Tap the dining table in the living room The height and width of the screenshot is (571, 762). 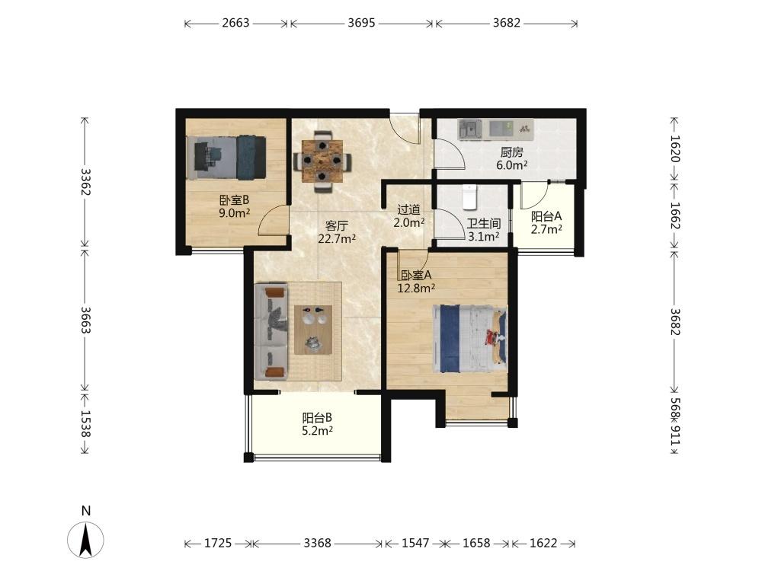322,161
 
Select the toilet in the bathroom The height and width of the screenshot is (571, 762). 469,196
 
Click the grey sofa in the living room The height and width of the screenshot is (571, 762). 271,332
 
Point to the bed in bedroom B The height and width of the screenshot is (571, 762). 226,158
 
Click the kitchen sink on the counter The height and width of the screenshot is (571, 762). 470,129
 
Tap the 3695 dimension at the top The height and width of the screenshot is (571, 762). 361,23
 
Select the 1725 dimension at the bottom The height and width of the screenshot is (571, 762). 218,543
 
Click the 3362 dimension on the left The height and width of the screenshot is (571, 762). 85,182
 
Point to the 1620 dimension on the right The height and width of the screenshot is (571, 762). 675,148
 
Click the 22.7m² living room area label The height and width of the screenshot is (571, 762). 337,238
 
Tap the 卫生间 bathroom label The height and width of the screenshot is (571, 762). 484,224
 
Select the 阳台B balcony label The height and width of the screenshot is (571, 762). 317,417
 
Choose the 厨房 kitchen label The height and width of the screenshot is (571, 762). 512,152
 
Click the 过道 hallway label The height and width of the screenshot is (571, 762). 408,210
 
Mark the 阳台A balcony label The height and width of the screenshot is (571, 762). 546,216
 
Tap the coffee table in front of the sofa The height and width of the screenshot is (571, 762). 313,330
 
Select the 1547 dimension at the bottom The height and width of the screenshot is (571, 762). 415,543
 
